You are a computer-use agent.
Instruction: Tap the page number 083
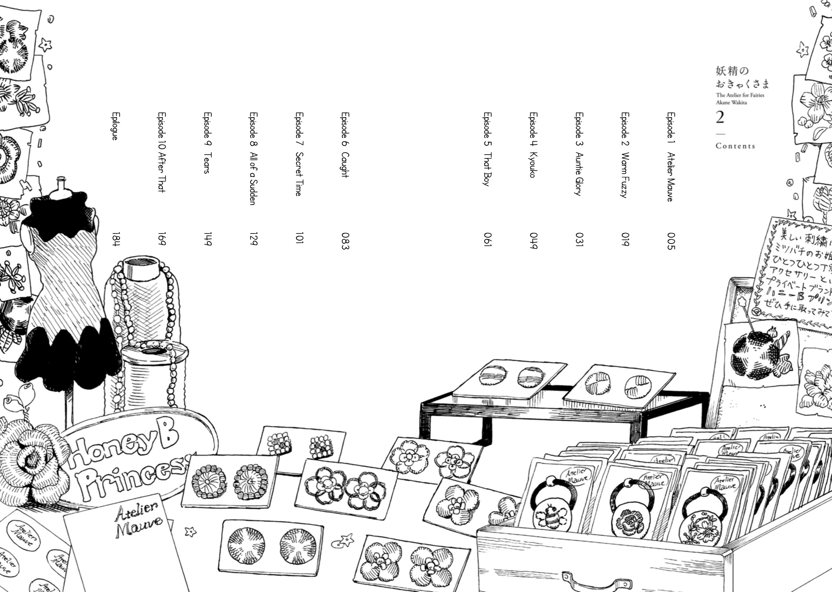[345, 241]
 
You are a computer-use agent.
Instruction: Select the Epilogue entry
[115, 126]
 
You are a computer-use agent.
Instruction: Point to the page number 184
[116, 239]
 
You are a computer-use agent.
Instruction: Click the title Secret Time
[299, 174]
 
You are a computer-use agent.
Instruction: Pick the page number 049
[533, 241]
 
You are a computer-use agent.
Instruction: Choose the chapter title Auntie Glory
[579, 174]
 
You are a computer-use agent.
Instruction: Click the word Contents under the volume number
[735, 146]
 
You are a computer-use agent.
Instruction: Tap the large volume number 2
[720, 118]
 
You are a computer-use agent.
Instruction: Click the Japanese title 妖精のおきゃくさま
[741, 78]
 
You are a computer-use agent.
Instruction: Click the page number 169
[161, 239]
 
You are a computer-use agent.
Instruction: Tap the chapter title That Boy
[487, 169]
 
